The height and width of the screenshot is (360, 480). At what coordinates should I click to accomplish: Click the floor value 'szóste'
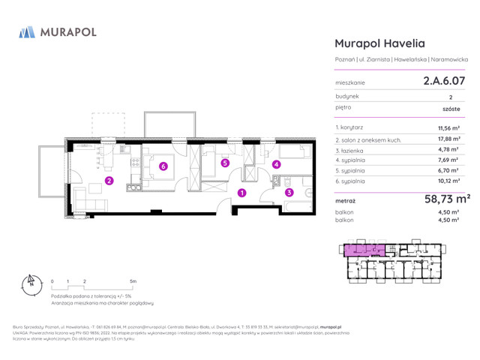[451, 108]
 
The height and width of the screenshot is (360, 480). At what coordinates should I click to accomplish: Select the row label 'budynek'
[346, 96]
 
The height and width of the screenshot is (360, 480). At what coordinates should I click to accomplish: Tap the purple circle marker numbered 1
[241, 193]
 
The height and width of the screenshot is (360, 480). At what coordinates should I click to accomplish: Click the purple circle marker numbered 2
[109, 181]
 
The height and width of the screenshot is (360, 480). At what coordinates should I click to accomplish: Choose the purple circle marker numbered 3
[289, 193]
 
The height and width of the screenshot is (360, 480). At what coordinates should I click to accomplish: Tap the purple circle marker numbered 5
[224, 163]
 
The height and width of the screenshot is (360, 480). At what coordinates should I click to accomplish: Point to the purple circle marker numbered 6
[163, 166]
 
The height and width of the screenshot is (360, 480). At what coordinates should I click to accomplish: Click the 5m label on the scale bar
[133, 280]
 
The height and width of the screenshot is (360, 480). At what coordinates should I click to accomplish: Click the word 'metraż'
[345, 202]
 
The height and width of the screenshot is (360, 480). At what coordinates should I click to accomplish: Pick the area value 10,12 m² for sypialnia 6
[448, 181]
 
